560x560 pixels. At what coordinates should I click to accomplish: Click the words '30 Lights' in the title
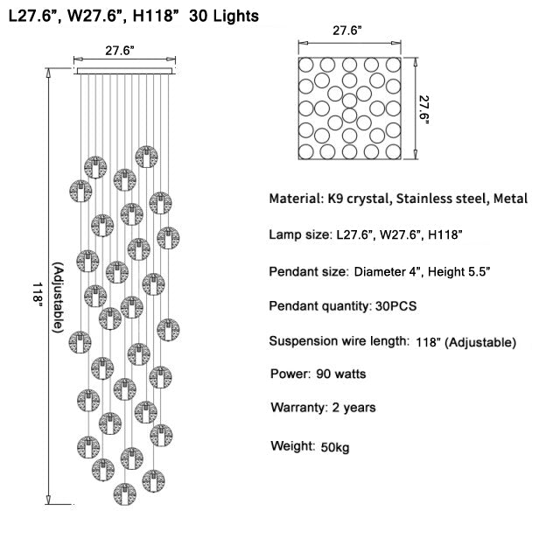[x=224, y=17]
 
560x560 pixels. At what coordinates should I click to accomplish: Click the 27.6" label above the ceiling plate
[x=120, y=51]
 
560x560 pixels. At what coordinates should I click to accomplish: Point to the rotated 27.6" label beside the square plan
[x=423, y=109]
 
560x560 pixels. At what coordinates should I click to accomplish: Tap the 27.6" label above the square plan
[x=347, y=31]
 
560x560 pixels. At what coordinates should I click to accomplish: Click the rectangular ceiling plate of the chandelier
[x=124, y=71]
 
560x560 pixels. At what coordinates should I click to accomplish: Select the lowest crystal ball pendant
[x=124, y=494]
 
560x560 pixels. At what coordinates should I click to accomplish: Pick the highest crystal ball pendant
[x=146, y=157]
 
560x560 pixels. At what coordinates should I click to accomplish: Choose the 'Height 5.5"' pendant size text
[x=458, y=272]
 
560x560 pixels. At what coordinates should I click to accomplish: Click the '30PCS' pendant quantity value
[x=395, y=306]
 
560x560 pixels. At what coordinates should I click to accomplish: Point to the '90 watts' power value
[x=341, y=374]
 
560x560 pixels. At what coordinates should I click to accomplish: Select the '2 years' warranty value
[x=353, y=408]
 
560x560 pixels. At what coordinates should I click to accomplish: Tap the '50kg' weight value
[x=334, y=447]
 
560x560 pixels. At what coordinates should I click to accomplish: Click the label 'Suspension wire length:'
[x=339, y=341]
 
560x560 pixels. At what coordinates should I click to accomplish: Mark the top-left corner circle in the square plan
[x=306, y=65]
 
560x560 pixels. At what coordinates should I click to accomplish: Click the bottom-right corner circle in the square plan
[x=393, y=151]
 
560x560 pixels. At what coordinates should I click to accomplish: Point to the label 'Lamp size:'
[x=300, y=234]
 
